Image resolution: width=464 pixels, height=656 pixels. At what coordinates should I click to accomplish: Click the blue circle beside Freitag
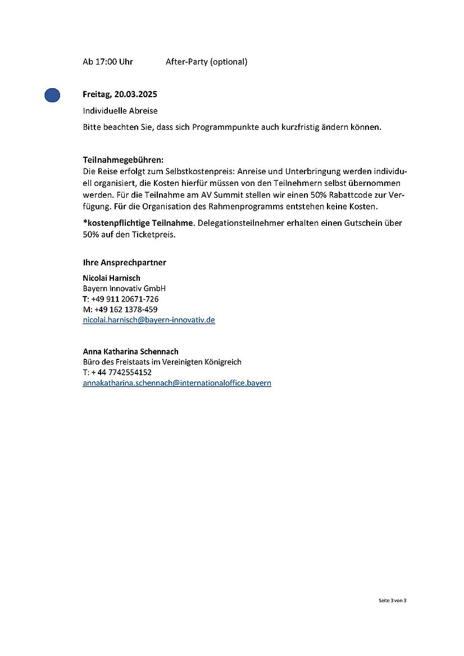(x=52, y=95)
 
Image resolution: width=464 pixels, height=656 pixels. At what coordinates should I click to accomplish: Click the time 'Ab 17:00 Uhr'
(x=108, y=62)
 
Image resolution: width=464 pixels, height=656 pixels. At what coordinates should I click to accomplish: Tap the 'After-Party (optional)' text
(x=206, y=62)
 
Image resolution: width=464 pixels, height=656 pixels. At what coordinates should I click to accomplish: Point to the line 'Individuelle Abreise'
(x=120, y=111)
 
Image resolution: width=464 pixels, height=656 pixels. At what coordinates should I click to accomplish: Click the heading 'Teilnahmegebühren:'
(x=123, y=160)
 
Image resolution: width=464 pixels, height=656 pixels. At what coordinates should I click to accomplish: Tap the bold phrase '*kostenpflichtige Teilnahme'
(x=138, y=223)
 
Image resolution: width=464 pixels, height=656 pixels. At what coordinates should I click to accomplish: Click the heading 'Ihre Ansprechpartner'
(x=125, y=262)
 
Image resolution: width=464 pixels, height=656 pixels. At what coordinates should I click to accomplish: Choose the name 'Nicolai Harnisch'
(x=112, y=278)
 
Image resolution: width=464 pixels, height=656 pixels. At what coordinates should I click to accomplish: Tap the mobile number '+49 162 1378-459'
(x=125, y=309)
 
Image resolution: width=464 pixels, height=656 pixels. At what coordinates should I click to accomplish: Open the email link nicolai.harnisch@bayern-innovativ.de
(x=149, y=320)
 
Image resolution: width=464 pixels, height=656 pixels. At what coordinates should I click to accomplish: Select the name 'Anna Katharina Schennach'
(x=131, y=352)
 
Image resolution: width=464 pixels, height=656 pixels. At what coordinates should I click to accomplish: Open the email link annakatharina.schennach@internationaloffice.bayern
(x=177, y=383)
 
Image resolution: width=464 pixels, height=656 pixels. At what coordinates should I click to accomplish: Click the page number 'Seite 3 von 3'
(x=392, y=600)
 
